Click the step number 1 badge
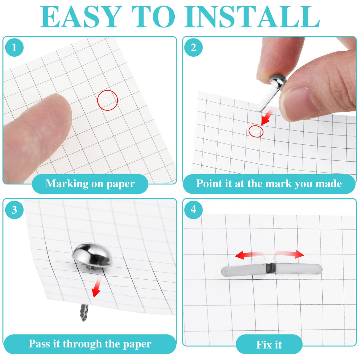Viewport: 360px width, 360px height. tap(15, 47)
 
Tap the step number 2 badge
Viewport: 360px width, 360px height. tap(193, 47)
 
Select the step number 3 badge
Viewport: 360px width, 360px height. tap(15, 210)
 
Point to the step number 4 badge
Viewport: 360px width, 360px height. tap(193, 209)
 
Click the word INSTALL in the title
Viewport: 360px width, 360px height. tap(254, 17)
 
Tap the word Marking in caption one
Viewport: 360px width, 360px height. tap(67, 184)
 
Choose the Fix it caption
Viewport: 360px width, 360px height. tap(269, 345)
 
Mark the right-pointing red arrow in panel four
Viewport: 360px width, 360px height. tap(289, 254)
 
